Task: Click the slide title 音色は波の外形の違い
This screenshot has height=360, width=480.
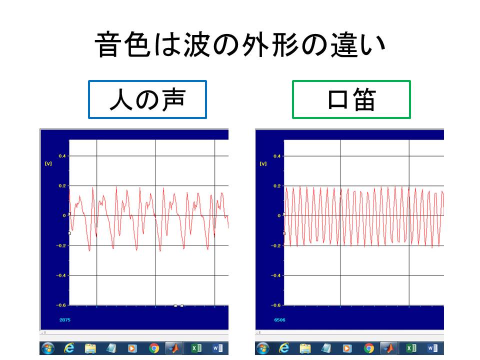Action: click(x=240, y=44)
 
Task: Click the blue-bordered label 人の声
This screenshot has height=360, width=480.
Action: click(x=147, y=99)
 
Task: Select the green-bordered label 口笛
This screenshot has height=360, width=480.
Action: click(x=351, y=99)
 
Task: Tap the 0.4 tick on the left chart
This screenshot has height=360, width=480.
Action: click(x=62, y=156)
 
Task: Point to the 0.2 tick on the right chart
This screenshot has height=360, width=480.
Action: click(x=276, y=186)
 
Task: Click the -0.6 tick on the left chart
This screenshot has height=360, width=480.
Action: click(x=61, y=305)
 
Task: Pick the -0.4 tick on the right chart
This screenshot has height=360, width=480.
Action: click(x=275, y=275)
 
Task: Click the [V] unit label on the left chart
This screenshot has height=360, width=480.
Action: click(x=48, y=164)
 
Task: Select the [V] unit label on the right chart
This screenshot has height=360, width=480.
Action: click(x=263, y=164)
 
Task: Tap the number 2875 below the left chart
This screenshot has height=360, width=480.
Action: click(x=65, y=320)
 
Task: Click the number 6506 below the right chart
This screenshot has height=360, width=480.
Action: click(x=280, y=320)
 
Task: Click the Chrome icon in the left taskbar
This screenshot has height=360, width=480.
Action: click(x=153, y=348)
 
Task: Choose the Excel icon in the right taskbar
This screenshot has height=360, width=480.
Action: click(x=411, y=348)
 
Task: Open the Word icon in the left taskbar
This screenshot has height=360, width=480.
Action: click(x=217, y=348)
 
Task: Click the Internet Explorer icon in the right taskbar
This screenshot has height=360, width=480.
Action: click(x=284, y=348)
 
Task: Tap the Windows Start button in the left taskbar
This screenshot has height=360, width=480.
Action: click(x=48, y=348)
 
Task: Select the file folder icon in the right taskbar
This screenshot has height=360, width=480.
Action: click(x=305, y=348)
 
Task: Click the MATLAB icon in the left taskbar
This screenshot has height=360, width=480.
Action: click(x=174, y=348)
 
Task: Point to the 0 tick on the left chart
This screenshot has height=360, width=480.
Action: click(x=64, y=215)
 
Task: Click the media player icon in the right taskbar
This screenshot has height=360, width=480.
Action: click(x=347, y=348)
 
